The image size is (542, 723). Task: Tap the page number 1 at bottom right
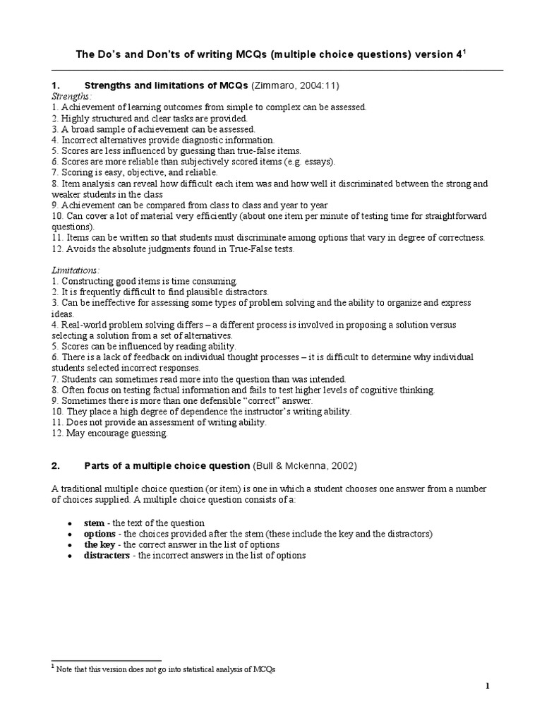click(487, 686)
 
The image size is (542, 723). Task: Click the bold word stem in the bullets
click(95, 522)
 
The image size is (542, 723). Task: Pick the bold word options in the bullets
click(100, 534)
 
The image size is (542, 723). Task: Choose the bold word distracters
click(107, 556)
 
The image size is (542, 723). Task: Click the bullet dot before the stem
click(68, 523)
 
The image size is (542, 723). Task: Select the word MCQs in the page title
click(247, 55)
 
